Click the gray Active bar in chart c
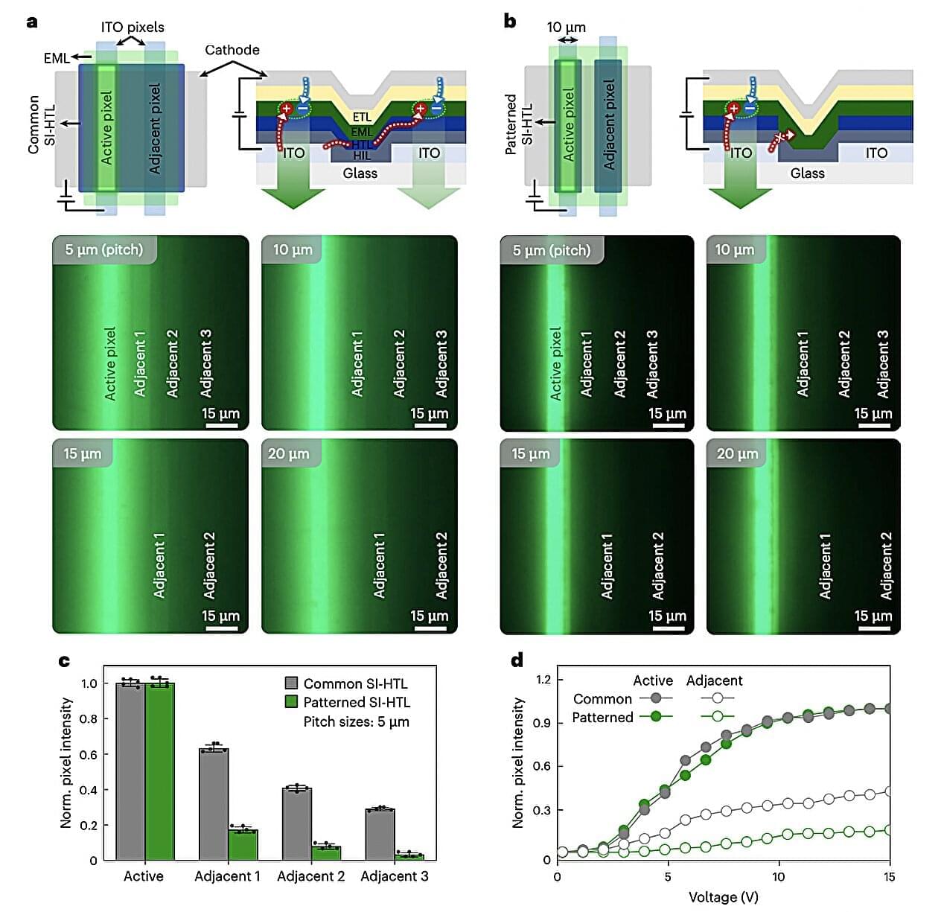coord(130,771)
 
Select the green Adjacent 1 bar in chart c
coord(243,844)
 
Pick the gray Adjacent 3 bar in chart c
coord(380,834)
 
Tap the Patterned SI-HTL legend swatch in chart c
coord(291,702)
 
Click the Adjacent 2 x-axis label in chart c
coord(310,876)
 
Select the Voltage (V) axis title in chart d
coord(723,896)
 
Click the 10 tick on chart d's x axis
coord(778,876)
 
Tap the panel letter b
coord(510,21)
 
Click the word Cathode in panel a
coord(232,50)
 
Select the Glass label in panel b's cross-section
coord(807,173)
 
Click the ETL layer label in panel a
coord(362,117)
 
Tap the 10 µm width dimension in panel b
coord(566,28)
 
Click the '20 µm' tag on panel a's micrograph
coord(288,453)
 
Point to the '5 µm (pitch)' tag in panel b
coord(551,250)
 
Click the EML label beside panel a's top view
coord(57,57)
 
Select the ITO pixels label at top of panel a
coord(133,27)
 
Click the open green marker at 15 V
coord(888,829)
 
